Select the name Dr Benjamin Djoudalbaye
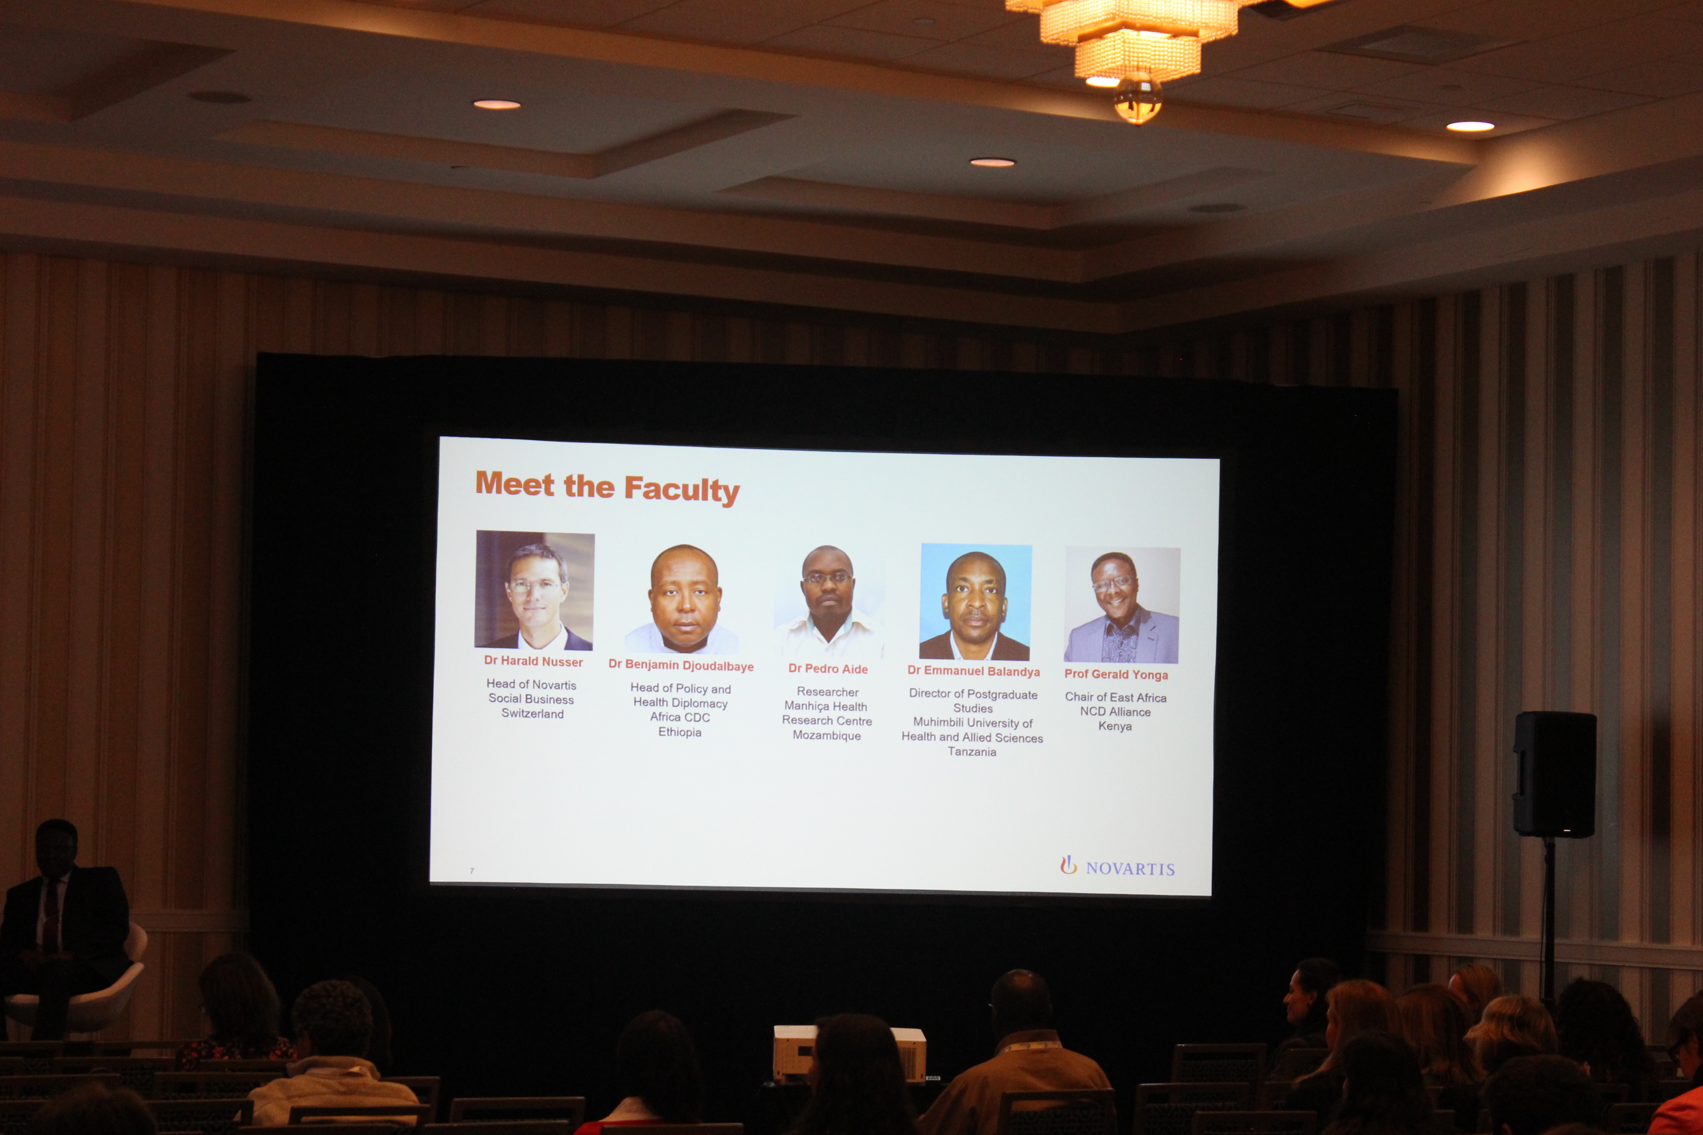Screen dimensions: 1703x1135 pyautogui.click(x=681, y=665)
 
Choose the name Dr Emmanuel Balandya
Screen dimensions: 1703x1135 pyautogui.click(x=973, y=671)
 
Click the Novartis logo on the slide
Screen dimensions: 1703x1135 pyautogui.click(x=1117, y=866)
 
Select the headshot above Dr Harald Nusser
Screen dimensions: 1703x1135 pyautogui.click(x=534, y=590)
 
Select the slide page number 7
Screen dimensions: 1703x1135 pyautogui.click(x=471, y=871)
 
